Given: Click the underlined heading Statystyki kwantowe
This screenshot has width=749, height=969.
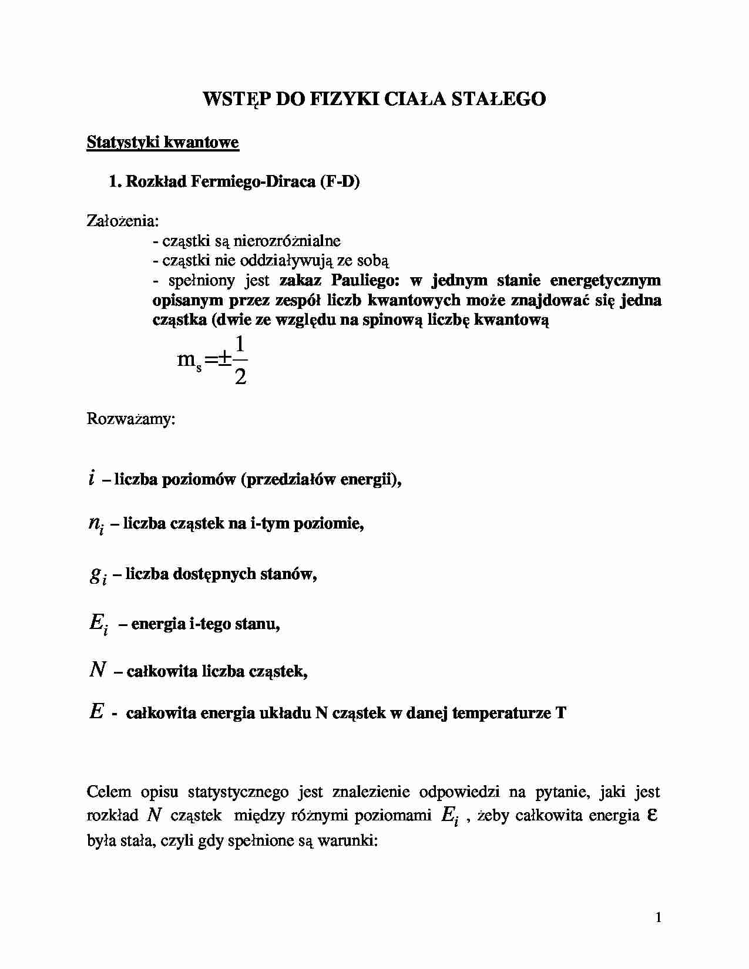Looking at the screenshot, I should [x=163, y=142].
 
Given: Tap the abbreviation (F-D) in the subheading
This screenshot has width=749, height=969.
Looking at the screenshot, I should [x=340, y=181].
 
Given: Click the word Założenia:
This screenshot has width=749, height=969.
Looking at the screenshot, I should [x=123, y=221].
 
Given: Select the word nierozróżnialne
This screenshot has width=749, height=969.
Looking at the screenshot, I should [x=287, y=241].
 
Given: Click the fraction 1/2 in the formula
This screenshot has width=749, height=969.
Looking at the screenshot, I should [x=240, y=359].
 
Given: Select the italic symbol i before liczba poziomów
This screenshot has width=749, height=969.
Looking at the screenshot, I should [x=92, y=480].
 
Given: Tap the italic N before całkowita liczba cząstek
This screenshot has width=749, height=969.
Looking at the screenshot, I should [x=97, y=669].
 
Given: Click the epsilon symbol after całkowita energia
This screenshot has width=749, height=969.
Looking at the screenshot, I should [x=651, y=815].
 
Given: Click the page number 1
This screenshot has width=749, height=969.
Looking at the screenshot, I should [x=658, y=917].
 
